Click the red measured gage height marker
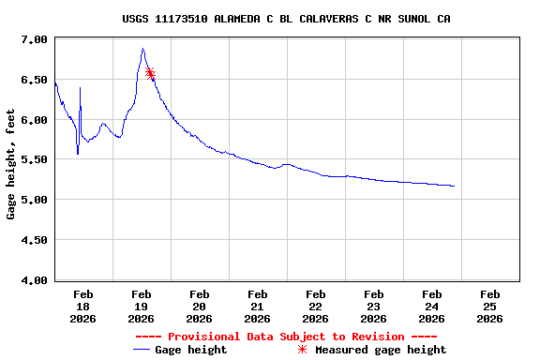(x=150, y=73)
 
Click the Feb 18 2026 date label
(x=83, y=306)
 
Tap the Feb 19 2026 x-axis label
(x=142, y=306)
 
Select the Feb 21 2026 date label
(x=258, y=306)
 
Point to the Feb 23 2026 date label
(x=374, y=306)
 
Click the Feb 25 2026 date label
(x=489, y=306)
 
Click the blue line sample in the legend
(x=142, y=350)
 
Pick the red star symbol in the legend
(x=302, y=350)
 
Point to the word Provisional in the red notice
(x=203, y=337)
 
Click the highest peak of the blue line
(x=142, y=49)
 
